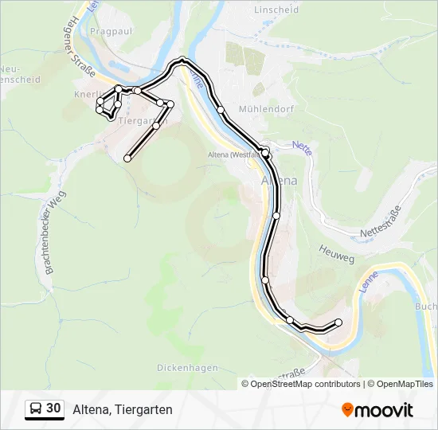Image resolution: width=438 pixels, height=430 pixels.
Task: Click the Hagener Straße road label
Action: click(x=82, y=57)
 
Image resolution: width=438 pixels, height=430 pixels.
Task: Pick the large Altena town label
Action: click(x=280, y=181)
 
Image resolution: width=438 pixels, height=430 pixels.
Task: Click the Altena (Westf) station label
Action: click(x=232, y=154)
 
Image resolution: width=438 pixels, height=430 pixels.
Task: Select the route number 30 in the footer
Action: click(x=53, y=408)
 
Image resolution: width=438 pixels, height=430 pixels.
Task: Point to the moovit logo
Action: click(x=377, y=410)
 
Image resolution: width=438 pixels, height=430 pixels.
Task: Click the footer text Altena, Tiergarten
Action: click(x=122, y=409)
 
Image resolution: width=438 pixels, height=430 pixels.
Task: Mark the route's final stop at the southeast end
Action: click(x=338, y=322)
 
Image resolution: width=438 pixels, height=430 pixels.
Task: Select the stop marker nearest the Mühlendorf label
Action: click(x=221, y=110)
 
